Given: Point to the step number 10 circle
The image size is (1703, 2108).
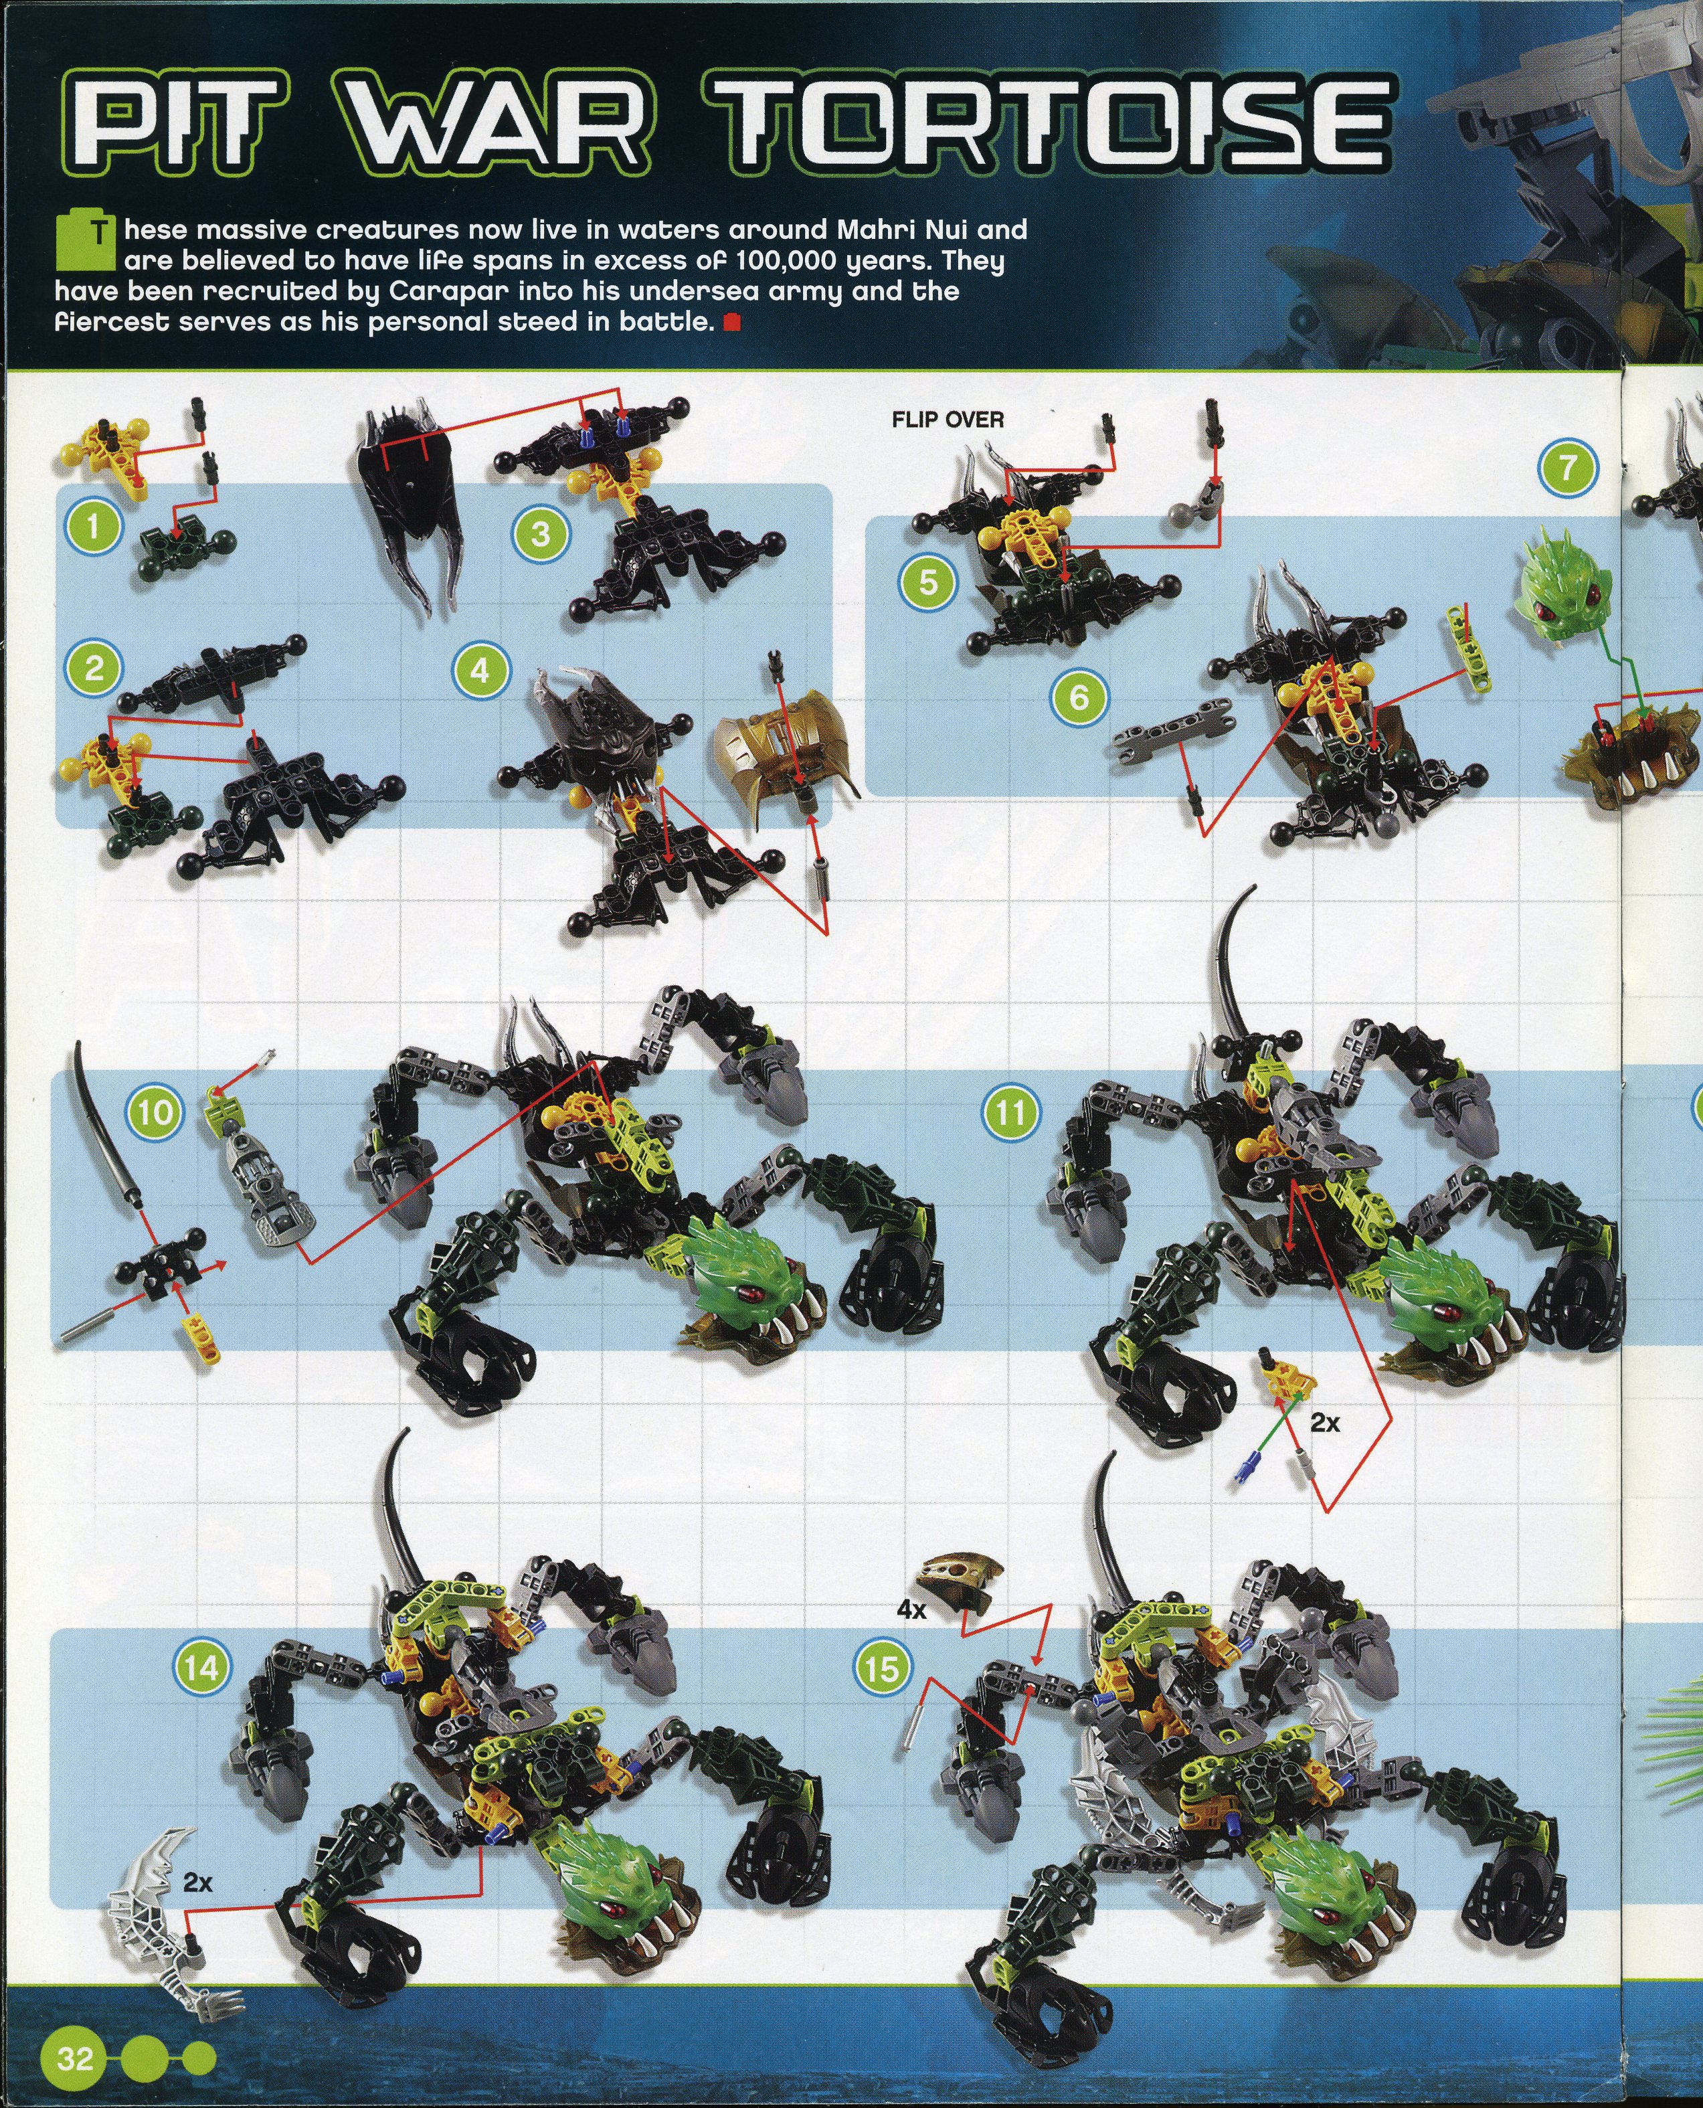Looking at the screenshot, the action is [x=156, y=1112].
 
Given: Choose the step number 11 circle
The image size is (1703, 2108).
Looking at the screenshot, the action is [x=1011, y=1112].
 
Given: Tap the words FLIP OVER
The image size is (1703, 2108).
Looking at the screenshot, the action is [x=948, y=420].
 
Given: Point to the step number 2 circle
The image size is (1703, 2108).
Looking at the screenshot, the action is [x=94, y=669].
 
